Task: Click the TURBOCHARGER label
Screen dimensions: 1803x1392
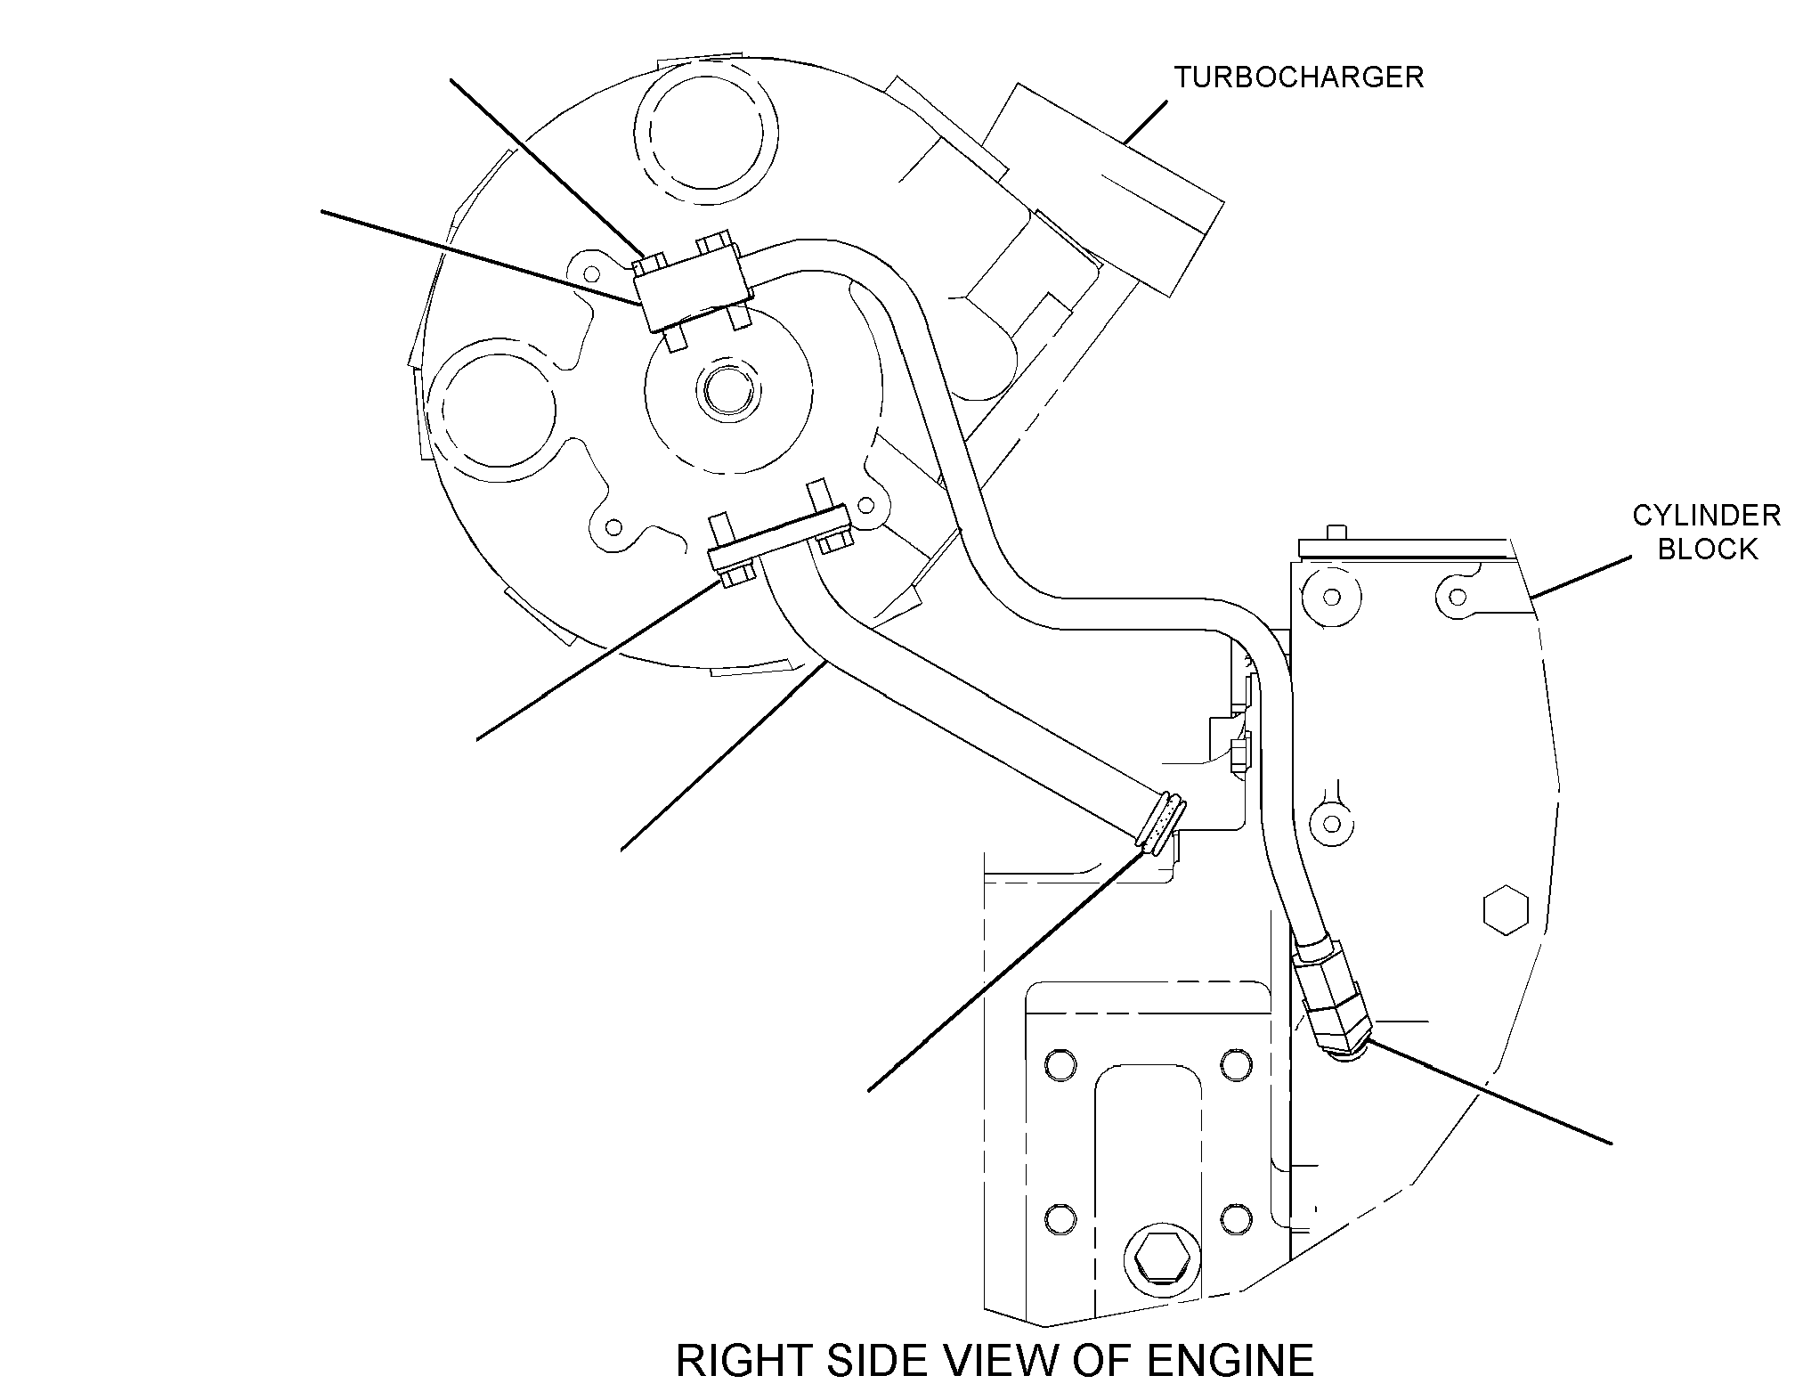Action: click(x=1298, y=77)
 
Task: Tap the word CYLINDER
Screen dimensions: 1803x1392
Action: click(x=1706, y=515)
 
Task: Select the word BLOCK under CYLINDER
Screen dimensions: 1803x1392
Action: click(x=1708, y=549)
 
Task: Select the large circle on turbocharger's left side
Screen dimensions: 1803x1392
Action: click(x=492, y=411)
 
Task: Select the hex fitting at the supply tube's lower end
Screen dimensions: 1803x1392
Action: click(x=1328, y=999)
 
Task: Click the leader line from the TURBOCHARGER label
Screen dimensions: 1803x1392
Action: click(x=1145, y=122)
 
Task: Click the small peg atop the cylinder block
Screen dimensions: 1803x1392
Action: click(x=1333, y=532)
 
